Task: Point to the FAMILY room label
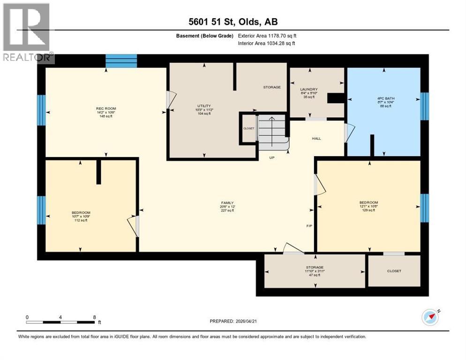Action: (227, 203)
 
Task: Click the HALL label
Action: (316, 138)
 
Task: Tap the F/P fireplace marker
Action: (309, 226)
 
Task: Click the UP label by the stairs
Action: (271, 157)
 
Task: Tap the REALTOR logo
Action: (27, 33)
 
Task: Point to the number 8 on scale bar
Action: (95, 317)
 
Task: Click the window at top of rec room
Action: (121, 61)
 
